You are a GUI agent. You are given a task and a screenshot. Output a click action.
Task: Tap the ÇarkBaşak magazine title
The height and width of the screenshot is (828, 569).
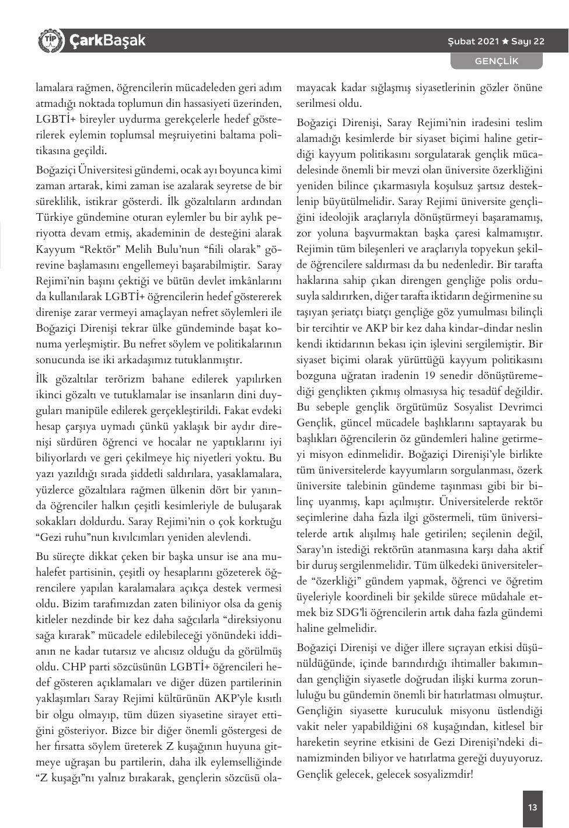coord(107,41)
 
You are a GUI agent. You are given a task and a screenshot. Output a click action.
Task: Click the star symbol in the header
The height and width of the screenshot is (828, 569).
coord(505,41)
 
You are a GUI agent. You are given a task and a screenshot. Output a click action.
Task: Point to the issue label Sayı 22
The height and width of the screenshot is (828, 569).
coord(528,41)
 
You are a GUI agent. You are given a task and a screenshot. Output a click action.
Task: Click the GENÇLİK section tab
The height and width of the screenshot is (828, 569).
coord(496,61)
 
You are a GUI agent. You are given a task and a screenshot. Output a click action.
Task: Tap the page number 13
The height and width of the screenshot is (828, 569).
coord(532,808)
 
